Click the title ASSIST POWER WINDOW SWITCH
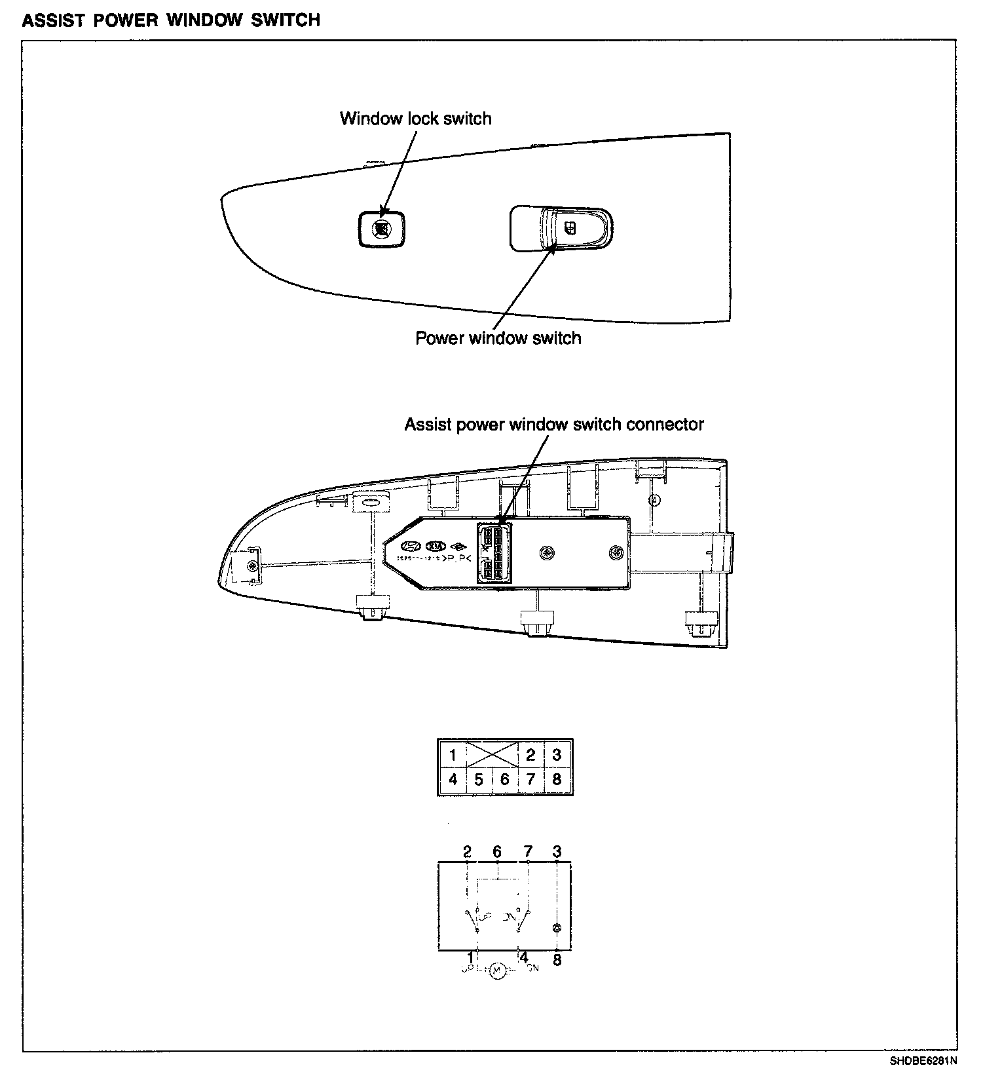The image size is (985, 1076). pyautogui.click(x=172, y=20)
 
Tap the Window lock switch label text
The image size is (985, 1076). pyautogui.click(x=415, y=119)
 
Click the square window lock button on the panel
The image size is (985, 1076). pyautogui.click(x=381, y=229)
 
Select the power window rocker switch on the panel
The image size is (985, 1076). pyautogui.click(x=562, y=229)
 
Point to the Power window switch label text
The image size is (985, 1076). pyautogui.click(x=498, y=338)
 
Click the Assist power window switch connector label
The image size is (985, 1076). pyautogui.click(x=553, y=424)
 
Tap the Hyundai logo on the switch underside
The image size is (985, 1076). pyautogui.click(x=411, y=546)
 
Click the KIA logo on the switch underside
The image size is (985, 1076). pyautogui.click(x=435, y=546)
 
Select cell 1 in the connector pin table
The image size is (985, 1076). pyautogui.click(x=452, y=754)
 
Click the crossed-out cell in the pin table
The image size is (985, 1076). pyautogui.click(x=492, y=754)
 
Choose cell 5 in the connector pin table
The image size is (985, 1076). pyautogui.click(x=479, y=780)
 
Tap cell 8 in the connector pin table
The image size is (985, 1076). pyautogui.click(x=557, y=780)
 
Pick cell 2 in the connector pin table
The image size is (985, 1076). pyautogui.click(x=530, y=754)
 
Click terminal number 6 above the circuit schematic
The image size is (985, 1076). pyautogui.click(x=497, y=851)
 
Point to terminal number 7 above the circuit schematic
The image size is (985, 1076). pyautogui.click(x=528, y=851)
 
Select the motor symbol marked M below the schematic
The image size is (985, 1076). pyautogui.click(x=496, y=970)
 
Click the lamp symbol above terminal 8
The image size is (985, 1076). pyautogui.click(x=557, y=928)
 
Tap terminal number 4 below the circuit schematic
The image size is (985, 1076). pyautogui.click(x=523, y=958)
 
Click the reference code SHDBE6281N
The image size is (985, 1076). pyautogui.click(x=922, y=1060)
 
